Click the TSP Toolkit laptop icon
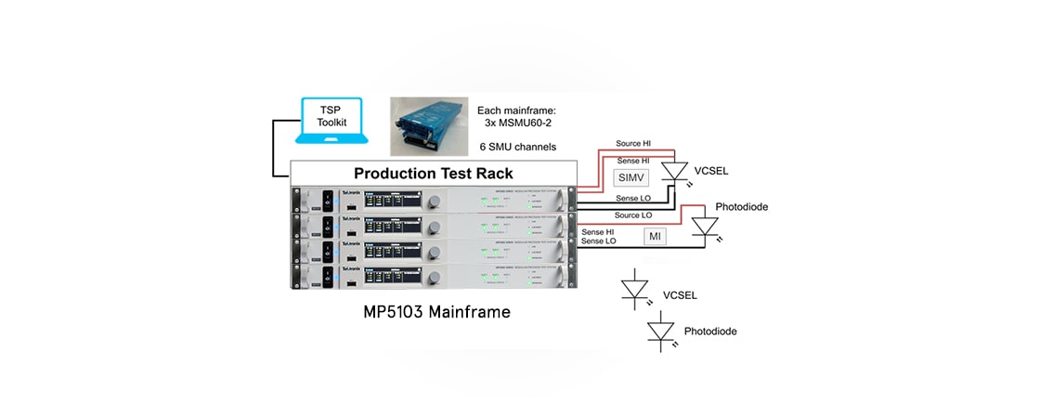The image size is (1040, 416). click(x=331, y=120)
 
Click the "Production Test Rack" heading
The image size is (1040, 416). click(x=434, y=174)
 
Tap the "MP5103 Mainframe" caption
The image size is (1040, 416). click(x=436, y=312)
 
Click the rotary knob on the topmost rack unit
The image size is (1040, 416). click(x=433, y=201)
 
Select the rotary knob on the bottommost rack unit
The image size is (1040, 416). click(x=433, y=277)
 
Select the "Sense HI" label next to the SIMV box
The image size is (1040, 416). click(x=636, y=161)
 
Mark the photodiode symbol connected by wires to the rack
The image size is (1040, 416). click(x=706, y=226)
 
